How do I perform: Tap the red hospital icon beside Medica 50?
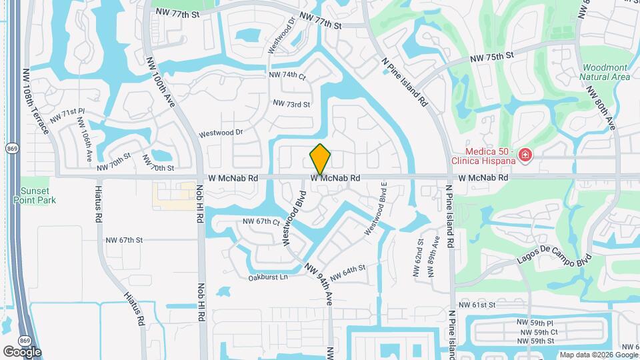tap(526, 155)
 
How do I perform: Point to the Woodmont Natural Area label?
tap(605, 72)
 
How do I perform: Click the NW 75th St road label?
tap(493, 58)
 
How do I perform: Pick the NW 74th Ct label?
tap(287, 75)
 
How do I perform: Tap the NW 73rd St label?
tap(291, 104)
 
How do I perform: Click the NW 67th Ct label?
tap(260, 221)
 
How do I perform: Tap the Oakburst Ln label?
tap(268, 277)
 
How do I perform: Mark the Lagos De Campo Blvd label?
tap(553, 259)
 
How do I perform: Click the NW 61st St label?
tap(492, 305)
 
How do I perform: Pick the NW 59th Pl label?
tap(536, 322)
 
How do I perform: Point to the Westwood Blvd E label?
tap(375, 209)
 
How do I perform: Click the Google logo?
tap(22, 351)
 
